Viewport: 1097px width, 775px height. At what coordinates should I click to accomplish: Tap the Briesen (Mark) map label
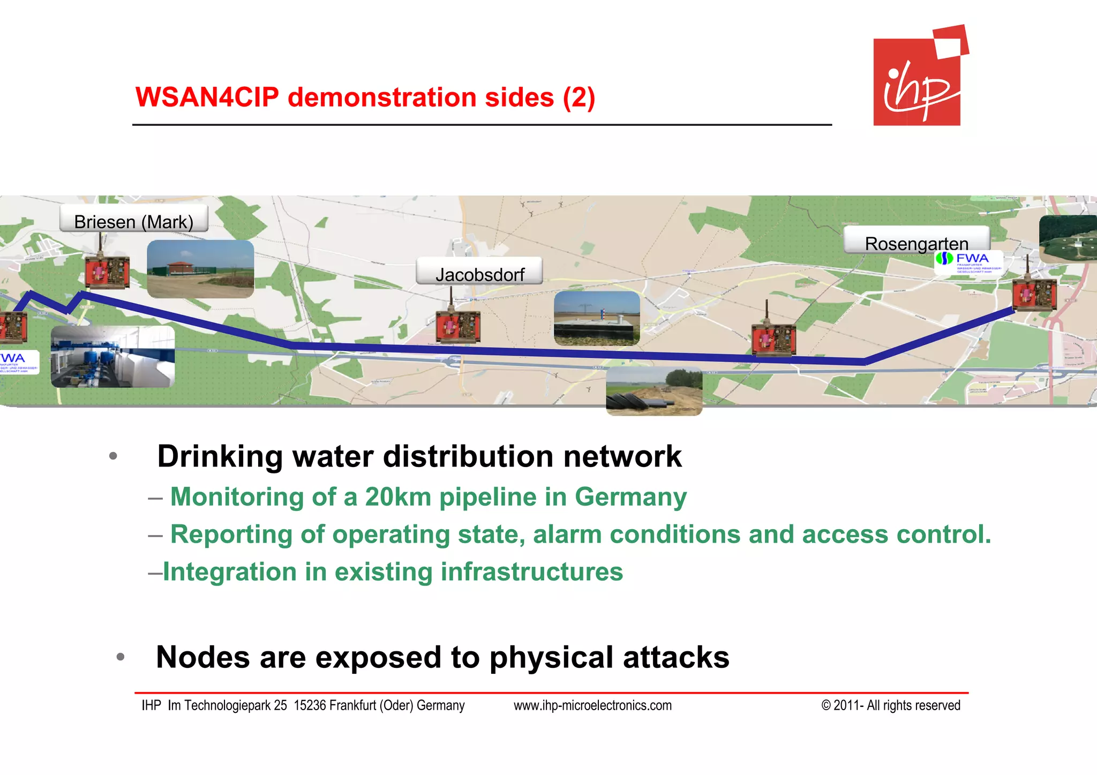pos(133,221)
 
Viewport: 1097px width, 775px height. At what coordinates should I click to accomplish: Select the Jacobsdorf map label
pos(479,274)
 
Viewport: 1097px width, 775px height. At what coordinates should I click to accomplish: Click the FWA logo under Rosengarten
pos(968,262)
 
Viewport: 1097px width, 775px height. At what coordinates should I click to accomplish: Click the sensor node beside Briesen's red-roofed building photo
pos(107,271)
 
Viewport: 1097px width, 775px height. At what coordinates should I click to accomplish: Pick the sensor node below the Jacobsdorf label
pos(458,325)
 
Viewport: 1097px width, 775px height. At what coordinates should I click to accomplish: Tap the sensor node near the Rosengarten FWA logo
pos(1034,294)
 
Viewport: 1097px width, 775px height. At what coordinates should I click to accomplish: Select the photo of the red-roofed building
pos(200,269)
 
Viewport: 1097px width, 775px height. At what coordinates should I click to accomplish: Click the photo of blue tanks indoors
pos(112,357)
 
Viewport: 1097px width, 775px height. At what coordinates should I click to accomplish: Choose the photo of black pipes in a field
pos(653,392)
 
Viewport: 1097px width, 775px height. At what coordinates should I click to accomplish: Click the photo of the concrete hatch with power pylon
pos(597,318)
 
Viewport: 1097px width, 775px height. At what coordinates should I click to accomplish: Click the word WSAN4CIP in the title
pos(207,97)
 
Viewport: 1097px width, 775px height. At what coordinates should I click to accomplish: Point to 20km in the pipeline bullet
pos(397,497)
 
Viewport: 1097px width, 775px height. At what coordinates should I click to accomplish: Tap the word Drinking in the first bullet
pos(220,456)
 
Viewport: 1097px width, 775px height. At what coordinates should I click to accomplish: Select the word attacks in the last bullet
pos(676,657)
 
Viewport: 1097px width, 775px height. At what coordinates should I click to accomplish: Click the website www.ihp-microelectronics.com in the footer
pos(592,705)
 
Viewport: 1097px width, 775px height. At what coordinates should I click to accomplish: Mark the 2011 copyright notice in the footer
pos(890,705)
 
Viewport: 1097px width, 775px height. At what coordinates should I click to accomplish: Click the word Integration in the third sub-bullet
pos(229,571)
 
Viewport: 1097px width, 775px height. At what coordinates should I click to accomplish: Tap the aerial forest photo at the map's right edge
pos(1068,239)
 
